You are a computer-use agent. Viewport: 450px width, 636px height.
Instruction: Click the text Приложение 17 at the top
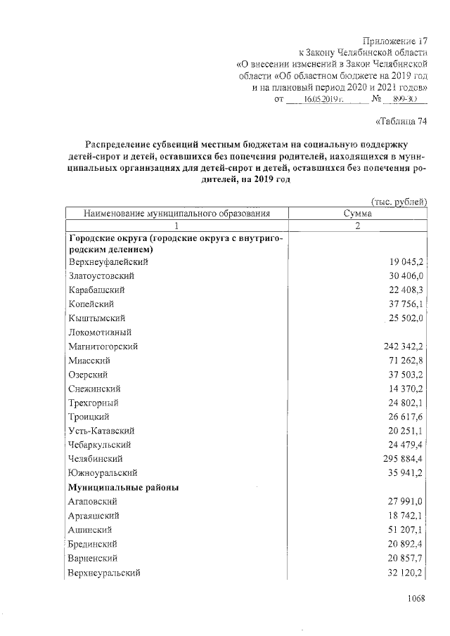[x=394, y=41]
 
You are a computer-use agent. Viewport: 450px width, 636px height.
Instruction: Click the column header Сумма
[x=357, y=214]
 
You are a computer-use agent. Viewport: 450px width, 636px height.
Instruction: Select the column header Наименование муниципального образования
[x=176, y=214]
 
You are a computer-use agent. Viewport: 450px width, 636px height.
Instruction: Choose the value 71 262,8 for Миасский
[x=406, y=361]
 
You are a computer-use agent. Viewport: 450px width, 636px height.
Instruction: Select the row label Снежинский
[x=95, y=389]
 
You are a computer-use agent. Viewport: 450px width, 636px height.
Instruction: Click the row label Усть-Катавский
[x=101, y=431]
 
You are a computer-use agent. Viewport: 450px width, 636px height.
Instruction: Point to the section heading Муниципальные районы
[x=122, y=487]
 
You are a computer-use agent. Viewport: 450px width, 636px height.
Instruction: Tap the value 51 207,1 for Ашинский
[x=406, y=530]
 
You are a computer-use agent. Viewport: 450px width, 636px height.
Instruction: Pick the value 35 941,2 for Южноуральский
[x=406, y=473]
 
